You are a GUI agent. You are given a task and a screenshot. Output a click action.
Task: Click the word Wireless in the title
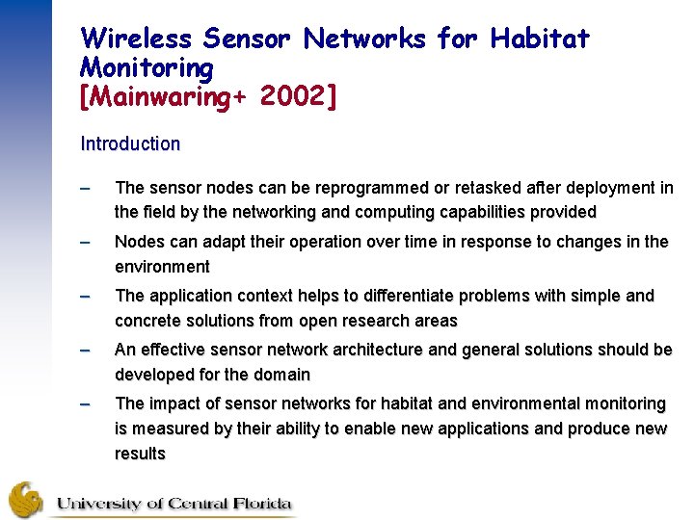click(x=138, y=39)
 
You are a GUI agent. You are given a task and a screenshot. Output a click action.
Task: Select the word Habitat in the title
click(x=540, y=39)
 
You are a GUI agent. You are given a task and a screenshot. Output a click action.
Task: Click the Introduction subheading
click(x=130, y=144)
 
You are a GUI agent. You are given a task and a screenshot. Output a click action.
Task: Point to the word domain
click(x=280, y=375)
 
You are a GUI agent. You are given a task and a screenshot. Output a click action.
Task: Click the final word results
click(x=140, y=454)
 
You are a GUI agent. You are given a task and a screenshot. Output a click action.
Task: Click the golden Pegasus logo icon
click(x=26, y=499)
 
